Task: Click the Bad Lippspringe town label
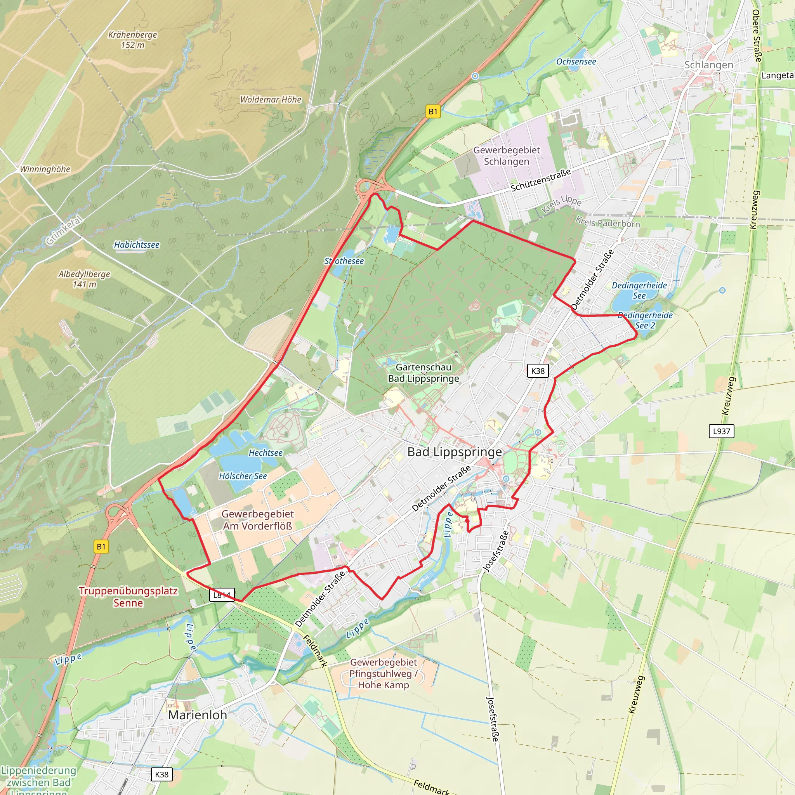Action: coord(454,452)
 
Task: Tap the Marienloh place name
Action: coord(198,715)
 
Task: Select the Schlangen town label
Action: coord(708,65)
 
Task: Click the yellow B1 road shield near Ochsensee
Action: coord(433,111)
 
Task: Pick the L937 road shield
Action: coord(721,431)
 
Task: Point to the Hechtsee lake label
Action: coord(266,453)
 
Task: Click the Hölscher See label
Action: coord(243,476)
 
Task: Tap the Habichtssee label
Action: coord(137,245)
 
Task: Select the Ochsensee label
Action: coord(576,62)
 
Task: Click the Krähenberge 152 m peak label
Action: coord(132,40)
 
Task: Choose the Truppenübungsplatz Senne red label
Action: coord(128,597)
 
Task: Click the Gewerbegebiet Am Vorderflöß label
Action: coord(258,520)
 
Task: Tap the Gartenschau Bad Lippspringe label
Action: coord(424,373)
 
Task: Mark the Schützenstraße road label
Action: coord(541,180)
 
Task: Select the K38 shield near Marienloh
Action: coord(162,774)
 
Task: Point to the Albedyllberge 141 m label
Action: coord(84,279)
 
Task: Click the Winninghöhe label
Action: coord(45,169)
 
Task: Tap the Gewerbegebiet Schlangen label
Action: coord(507,156)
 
